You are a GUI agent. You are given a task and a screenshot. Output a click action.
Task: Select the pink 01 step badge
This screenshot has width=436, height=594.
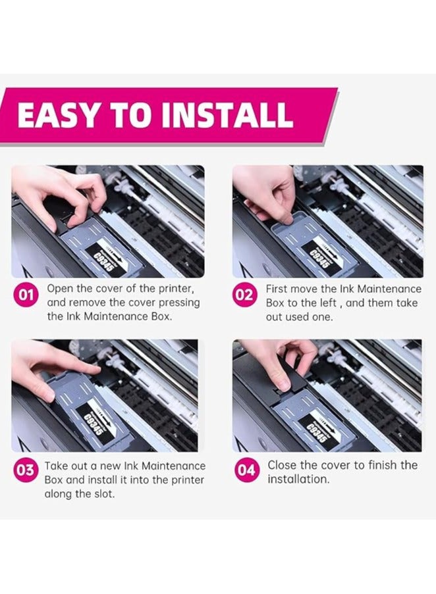pyautogui.click(x=26, y=295)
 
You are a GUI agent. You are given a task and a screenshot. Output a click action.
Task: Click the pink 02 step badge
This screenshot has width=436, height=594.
pyautogui.click(x=244, y=295)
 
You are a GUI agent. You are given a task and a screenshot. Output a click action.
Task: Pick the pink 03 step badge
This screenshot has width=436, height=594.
pyautogui.click(x=25, y=470)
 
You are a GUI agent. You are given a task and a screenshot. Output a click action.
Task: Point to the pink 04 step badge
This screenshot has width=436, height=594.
pyautogui.click(x=246, y=470)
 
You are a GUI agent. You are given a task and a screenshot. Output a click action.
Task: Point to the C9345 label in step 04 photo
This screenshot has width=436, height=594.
pyautogui.click(x=317, y=432)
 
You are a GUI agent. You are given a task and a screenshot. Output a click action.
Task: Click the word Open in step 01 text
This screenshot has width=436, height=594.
pyautogui.click(x=60, y=289)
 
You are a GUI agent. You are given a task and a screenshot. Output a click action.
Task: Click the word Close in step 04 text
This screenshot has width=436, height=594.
pyautogui.click(x=282, y=465)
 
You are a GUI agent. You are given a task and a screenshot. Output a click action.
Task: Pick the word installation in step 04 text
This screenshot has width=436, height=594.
pyautogui.click(x=298, y=480)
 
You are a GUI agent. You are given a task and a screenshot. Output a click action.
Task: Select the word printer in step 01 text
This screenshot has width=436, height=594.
pyautogui.click(x=177, y=289)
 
